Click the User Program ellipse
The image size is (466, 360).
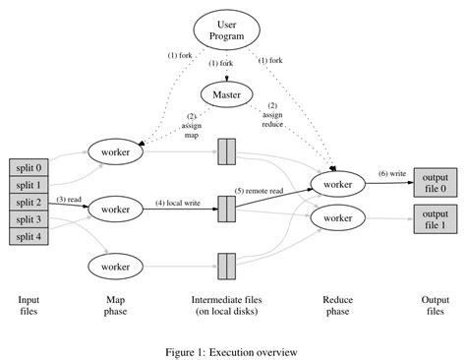(226, 29)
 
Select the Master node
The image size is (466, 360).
(227, 93)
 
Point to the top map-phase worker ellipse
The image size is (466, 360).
(116, 152)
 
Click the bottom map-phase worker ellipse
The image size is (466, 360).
(116, 265)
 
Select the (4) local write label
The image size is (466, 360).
(180, 204)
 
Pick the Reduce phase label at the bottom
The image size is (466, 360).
(337, 305)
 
